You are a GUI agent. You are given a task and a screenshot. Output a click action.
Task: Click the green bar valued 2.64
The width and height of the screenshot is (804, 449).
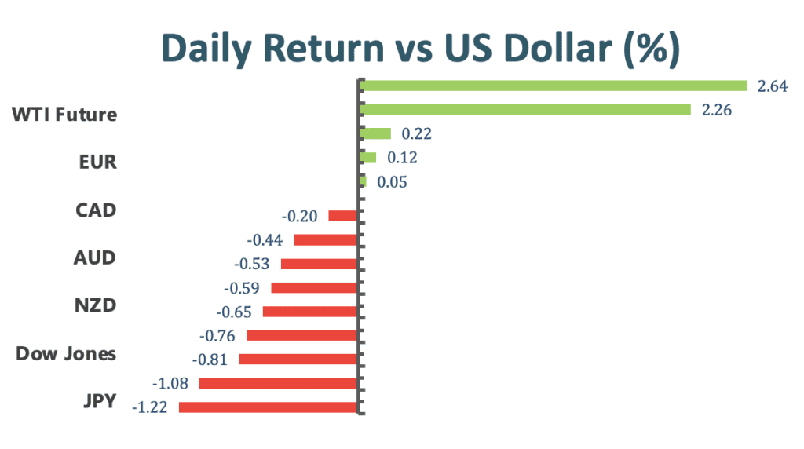[x=553, y=86]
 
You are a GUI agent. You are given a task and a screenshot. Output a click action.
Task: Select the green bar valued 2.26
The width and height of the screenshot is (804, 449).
[x=525, y=109]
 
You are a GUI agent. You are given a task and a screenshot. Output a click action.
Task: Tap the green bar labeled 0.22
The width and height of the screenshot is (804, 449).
[x=375, y=133]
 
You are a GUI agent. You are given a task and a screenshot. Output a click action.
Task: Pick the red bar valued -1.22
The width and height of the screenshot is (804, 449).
[x=268, y=407]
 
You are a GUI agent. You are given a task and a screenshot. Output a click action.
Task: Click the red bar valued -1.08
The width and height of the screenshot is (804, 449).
[x=278, y=383]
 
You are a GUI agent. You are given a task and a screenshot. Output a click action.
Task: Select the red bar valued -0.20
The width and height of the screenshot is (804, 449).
[x=342, y=216]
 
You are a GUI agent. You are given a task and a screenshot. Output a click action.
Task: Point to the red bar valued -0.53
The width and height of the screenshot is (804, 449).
[x=319, y=264]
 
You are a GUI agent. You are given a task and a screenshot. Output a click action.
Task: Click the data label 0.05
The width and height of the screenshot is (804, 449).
[x=393, y=182]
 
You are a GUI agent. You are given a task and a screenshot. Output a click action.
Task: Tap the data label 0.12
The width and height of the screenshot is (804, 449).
[x=402, y=157]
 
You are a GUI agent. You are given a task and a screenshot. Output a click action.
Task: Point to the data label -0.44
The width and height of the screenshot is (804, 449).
[x=265, y=240]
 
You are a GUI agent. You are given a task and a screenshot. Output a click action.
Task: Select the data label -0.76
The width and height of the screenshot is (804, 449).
[x=217, y=336]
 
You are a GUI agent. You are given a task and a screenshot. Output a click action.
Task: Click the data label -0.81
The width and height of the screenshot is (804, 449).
[x=209, y=360]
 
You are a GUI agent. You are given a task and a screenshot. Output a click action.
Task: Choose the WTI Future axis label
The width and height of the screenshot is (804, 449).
[x=64, y=115]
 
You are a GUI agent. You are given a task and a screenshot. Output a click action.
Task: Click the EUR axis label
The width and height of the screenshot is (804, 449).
[x=97, y=162]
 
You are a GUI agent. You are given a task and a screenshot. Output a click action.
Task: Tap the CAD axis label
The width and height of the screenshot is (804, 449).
[x=96, y=210]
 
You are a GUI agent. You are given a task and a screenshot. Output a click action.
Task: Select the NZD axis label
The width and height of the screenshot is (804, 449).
[x=95, y=305]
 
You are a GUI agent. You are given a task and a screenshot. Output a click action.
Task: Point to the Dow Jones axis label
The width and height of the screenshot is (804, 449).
[x=66, y=354]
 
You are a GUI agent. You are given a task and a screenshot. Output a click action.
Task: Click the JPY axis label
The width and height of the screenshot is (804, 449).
[x=100, y=401]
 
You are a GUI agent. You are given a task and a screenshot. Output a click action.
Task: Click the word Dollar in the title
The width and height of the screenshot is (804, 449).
[x=558, y=48]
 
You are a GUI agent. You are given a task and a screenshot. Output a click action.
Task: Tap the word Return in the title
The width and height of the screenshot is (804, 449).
[x=323, y=48]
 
